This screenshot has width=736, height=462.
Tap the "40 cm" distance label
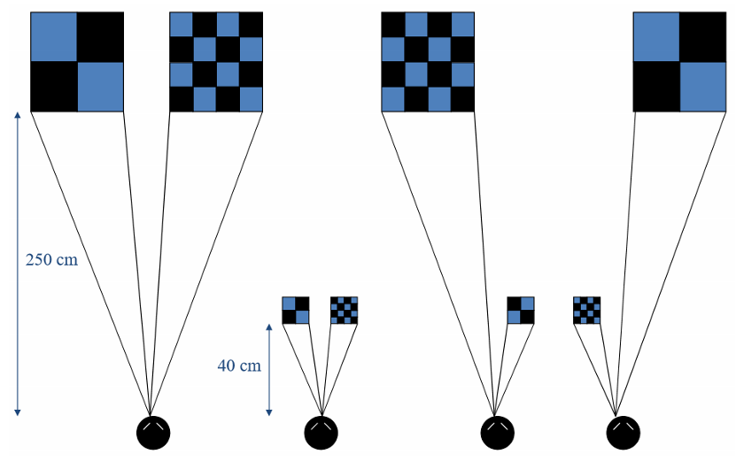(x=239, y=365)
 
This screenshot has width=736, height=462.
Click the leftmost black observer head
(x=152, y=432)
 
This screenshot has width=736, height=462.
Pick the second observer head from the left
(x=321, y=432)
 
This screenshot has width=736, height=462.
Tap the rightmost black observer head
(x=623, y=432)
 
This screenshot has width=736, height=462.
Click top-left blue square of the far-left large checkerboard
(x=54, y=36)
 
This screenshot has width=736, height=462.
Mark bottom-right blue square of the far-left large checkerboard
(x=100, y=86)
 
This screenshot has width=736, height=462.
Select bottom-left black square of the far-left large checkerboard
(x=54, y=86)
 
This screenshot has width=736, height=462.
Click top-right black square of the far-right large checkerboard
(x=702, y=36)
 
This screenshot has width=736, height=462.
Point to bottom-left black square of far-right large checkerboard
(x=656, y=86)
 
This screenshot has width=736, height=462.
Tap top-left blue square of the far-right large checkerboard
(x=656, y=36)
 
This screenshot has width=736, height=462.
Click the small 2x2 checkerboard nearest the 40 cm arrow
(x=296, y=311)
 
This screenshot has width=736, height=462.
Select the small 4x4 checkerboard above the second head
(x=344, y=311)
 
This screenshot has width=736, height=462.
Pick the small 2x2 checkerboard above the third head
(x=521, y=311)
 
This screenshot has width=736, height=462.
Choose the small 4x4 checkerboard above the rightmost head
(x=587, y=311)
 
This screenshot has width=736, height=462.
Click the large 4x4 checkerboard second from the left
(x=216, y=61)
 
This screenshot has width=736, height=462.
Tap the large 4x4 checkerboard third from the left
(x=428, y=61)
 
